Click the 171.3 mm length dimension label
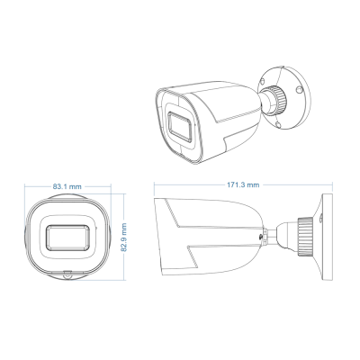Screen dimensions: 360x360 click(244, 184)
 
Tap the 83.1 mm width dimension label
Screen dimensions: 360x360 click(69, 185)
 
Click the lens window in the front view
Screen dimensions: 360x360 click(69, 236)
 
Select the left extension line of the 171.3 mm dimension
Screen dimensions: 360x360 click(155, 191)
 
